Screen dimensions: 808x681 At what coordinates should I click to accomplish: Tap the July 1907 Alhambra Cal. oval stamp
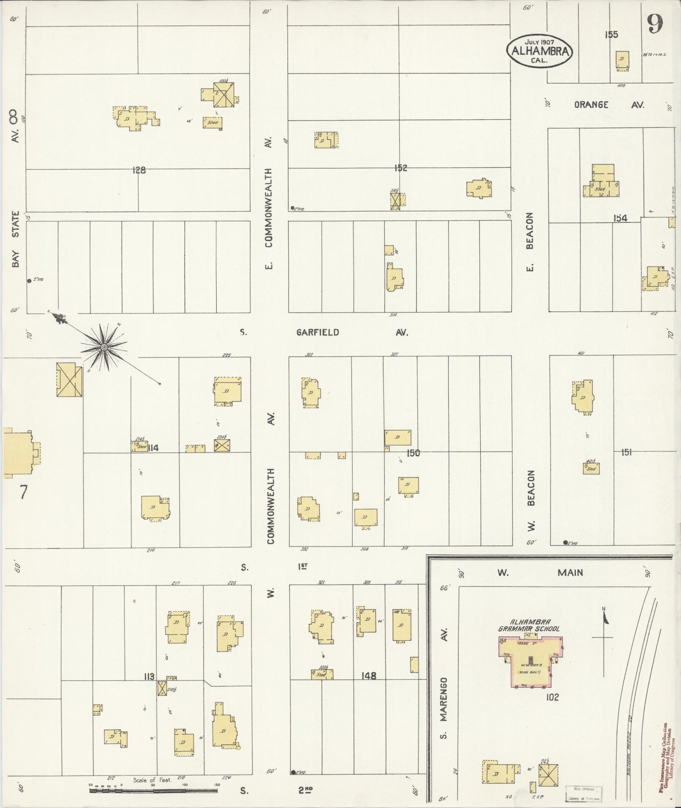(x=539, y=50)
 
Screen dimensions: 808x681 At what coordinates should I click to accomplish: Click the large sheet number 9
(x=655, y=24)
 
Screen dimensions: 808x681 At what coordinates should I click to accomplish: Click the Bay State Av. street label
(x=15, y=189)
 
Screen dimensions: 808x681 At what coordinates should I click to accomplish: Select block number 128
(x=139, y=170)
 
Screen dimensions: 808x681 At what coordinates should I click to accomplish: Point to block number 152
(x=401, y=168)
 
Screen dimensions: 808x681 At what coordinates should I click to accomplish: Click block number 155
(x=611, y=34)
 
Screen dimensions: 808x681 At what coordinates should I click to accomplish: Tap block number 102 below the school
(x=552, y=697)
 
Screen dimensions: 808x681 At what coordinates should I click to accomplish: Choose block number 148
(x=369, y=676)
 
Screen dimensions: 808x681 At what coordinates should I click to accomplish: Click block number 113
(x=149, y=677)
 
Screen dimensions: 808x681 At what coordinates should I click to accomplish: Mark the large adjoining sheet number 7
(x=23, y=492)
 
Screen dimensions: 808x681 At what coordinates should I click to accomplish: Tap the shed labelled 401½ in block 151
(x=591, y=468)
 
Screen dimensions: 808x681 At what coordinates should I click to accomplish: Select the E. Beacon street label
(x=530, y=242)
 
